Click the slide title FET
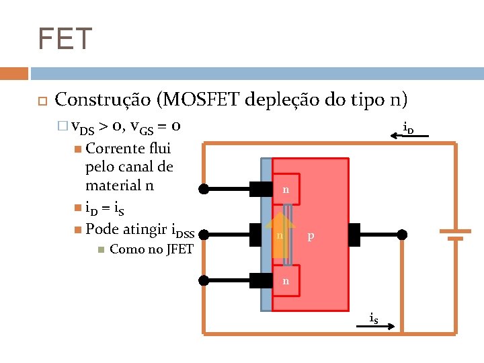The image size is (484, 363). (65, 39)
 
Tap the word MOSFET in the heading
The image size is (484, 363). (198, 100)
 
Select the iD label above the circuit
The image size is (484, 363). (407, 126)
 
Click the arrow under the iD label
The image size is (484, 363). (409, 136)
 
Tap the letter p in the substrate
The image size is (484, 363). (310, 236)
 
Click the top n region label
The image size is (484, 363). (286, 190)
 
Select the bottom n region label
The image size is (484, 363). (286, 281)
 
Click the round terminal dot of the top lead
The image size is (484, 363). (205, 190)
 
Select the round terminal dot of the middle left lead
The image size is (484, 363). (205, 235)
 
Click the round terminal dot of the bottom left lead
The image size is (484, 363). (205, 279)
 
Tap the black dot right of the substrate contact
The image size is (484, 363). (401, 235)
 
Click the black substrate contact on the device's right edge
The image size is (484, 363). (354, 235)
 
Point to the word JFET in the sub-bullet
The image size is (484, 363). (178, 249)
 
